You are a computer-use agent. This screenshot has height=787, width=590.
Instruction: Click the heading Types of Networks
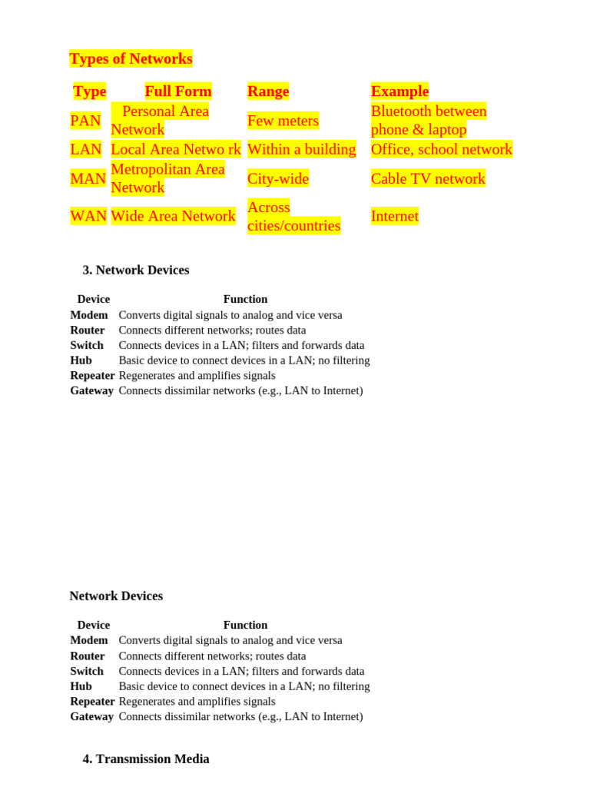click(131, 59)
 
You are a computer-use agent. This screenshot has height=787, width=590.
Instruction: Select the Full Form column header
click(177, 91)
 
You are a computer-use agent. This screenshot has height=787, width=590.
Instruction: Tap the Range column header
click(268, 91)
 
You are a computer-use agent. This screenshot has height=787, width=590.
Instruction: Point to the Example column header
click(399, 91)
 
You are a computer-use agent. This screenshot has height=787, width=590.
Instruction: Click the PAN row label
click(85, 121)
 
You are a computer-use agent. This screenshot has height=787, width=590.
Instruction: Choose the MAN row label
click(88, 179)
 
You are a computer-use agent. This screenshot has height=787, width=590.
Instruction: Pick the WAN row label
click(88, 217)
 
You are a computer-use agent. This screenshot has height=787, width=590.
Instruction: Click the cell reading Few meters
click(283, 121)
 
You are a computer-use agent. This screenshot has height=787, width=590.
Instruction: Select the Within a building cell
click(301, 150)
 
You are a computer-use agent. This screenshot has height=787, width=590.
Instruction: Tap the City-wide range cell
click(278, 179)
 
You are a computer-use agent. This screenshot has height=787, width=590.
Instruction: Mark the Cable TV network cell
click(428, 179)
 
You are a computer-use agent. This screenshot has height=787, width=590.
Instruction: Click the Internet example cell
click(395, 217)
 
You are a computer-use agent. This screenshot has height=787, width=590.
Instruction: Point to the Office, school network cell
click(441, 150)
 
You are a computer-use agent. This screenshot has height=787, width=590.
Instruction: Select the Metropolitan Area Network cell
click(167, 178)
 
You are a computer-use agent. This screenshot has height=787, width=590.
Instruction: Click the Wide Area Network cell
click(173, 217)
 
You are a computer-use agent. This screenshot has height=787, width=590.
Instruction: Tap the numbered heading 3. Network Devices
click(136, 271)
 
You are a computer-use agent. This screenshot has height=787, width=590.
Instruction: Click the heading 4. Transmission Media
click(146, 759)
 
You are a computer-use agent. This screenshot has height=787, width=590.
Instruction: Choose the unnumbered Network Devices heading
click(116, 596)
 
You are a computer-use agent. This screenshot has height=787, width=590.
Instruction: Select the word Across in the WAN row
click(269, 208)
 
